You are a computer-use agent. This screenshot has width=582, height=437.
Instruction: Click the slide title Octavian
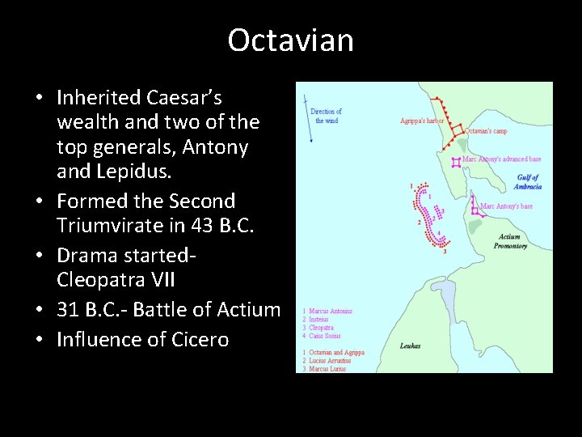click(290, 40)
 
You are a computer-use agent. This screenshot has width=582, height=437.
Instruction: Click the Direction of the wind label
click(327, 116)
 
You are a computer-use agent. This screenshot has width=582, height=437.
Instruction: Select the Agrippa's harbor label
click(422, 121)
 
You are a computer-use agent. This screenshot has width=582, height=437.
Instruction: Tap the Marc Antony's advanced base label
click(501, 159)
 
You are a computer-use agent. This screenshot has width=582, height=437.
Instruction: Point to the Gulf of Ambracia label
click(528, 182)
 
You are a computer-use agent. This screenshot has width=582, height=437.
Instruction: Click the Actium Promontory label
click(510, 241)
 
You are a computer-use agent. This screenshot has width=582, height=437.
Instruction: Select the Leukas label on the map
click(410, 346)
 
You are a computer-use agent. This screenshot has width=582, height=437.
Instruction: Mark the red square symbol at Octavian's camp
click(458, 129)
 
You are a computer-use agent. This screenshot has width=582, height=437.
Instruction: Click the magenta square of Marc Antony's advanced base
click(457, 162)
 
